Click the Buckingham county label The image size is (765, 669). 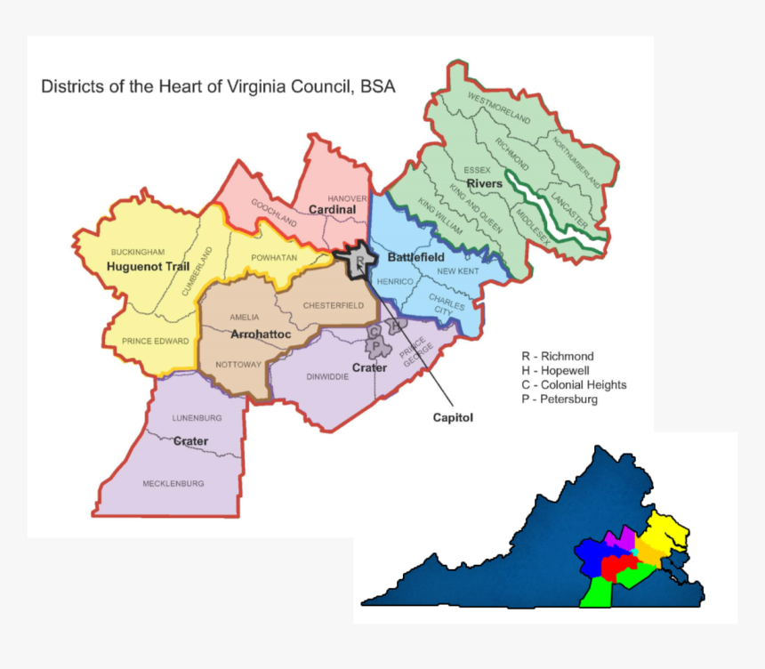(138, 252)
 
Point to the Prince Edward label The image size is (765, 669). (157, 341)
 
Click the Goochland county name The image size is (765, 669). (273, 212)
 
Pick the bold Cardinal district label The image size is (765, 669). (332, 210)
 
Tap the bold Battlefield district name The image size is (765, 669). (415, 257)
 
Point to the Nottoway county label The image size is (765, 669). (238, 364)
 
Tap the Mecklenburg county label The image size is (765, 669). (173, 483)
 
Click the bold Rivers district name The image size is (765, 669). (485, 183)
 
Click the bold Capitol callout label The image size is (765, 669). (453, 416)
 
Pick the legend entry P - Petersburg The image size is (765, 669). (560, 399)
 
